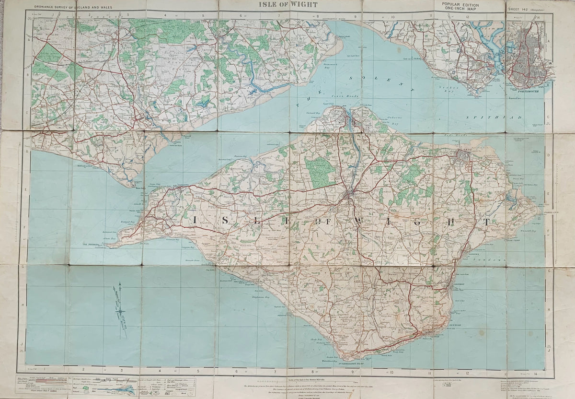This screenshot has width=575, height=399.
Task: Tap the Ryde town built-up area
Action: pos(464,156)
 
